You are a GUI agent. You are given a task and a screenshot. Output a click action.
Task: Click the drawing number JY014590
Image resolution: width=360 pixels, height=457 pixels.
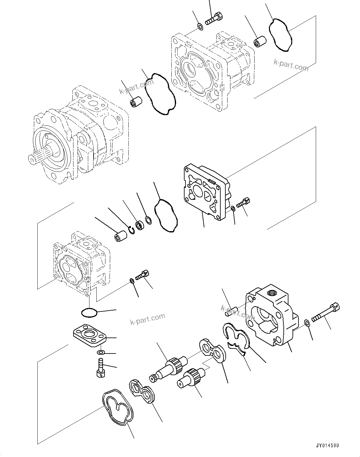pos(327,445)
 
